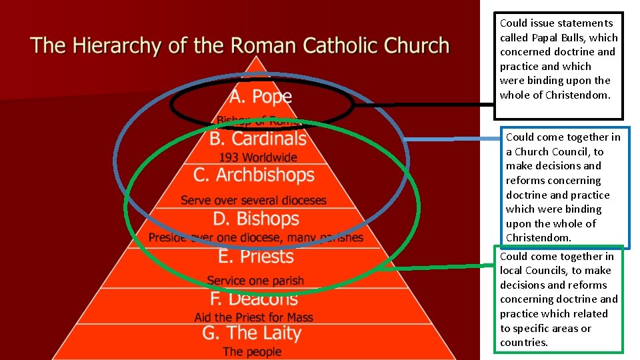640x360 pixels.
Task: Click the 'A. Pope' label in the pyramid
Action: pyautogui.click(x=261, y=97)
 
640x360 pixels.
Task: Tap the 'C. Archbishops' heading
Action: pyautogui.click(x=254, y=175)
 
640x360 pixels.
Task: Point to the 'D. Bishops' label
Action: pyautogui.click(x=257, y=219)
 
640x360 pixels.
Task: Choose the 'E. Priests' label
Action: pyautogui.click(x=256, y=257)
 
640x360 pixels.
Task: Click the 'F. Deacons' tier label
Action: pyautogui.click(x=253, y=299)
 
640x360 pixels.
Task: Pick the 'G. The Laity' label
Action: pyautogui.click(x=252, y=333)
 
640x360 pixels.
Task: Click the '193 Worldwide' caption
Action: pyautogui.click(x=259, y=157)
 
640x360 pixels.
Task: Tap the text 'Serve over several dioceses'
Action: pyautogui.click(x=253, y=200)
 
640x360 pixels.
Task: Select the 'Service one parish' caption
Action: pyautogui.click(x=255, y=281)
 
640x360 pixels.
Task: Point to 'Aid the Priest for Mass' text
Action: pyautogui.click(x=253, y=317)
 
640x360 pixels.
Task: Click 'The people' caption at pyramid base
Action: pyautogui.click(x=252, y=351)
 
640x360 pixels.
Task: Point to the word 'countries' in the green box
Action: pyautogui.click(x=523, y=343)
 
